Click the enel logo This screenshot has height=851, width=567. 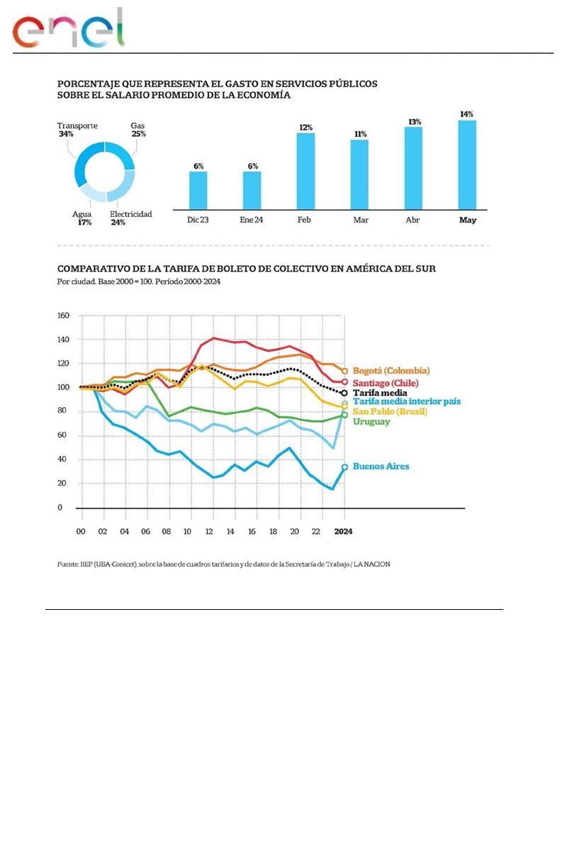click(x=69, y=30)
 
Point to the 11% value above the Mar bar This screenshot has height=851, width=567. click(x=360, y=133)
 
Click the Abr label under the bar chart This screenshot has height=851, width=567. click(x=413, y=220)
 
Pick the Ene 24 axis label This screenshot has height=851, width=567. click(x=252, y=220)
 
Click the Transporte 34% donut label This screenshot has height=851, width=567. click(x=77, y=130)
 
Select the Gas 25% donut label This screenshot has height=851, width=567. click(x=137, y=130)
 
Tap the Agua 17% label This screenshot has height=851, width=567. click(x=82, y=218)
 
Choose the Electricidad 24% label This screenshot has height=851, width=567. click(x=130, y=218)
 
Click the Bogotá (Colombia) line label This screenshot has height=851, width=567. click(x=391, y=371)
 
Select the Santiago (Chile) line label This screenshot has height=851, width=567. click(x=387, y=383)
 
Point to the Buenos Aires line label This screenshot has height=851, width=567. click(x=381, y=467)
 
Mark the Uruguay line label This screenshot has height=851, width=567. click(x=371, y=422)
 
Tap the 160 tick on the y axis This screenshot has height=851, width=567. click(x=63, y=316)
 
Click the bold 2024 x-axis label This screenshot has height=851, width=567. click(x=344, y=531)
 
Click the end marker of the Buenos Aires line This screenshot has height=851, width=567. click(x=344, y=467)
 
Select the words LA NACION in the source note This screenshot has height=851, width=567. click(x=371, y=564)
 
